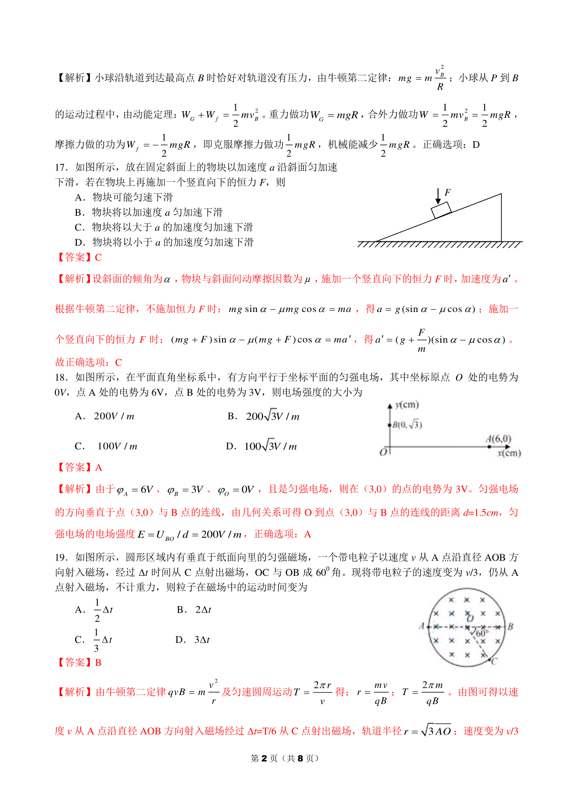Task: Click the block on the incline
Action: (x=441, y=210)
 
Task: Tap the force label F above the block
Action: (x=447, y=192)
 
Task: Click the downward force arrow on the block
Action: (x=438, y=196)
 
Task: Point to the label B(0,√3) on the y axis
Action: (x=407, y=425)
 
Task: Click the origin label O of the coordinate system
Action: (x=383, y=452)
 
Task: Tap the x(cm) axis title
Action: (x=509, y=453)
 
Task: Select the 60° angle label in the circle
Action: (x=481, y=633)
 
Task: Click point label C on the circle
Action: (x=494, y=661)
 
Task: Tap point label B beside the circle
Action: (x=510, y=626)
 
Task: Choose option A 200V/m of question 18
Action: (x=105, y=416)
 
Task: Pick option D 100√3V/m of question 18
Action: (x=261, y=447)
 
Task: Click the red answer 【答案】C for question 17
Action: (x=79, y=258)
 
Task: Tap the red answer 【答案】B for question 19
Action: (x=79, y=663)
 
